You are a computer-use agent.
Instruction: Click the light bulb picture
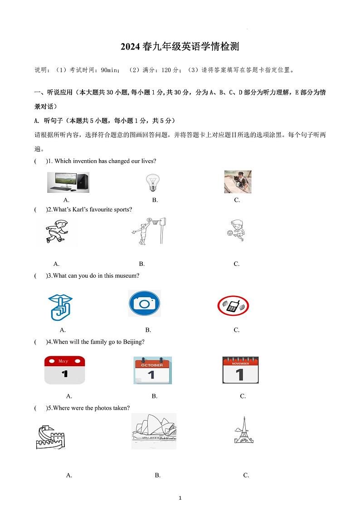(152, 182)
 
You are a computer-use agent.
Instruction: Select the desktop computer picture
(68, 182)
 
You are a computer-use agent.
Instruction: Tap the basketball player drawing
(149, 231)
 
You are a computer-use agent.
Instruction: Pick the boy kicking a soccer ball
(236, 231)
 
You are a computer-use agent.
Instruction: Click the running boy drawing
(57, 232)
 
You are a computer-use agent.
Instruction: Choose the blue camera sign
(144, 304)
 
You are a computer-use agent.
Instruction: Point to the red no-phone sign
(233, 306)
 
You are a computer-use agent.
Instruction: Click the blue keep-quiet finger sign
(61, 307)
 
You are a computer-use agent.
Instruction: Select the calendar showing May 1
(64, 370)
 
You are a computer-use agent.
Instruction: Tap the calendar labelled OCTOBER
(152, 370)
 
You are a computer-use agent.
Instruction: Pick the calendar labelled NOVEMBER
(240, 370)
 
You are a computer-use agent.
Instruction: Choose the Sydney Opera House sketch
(154, 431)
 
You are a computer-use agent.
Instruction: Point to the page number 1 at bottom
(180, 498)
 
